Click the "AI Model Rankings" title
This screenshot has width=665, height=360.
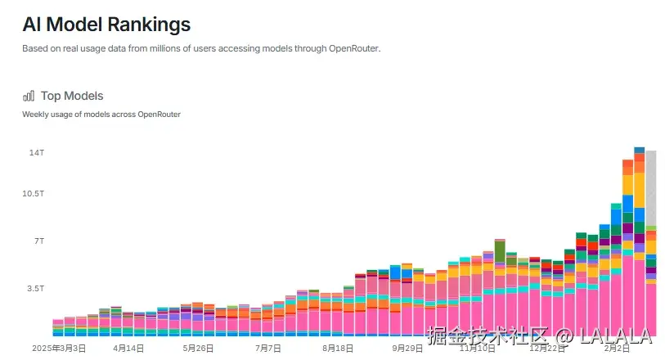pyautogui.click(x=106, y=25)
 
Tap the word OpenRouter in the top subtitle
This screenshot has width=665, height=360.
pyautogui.click(x=354, y=48)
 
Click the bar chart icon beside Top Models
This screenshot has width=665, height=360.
pyautogui.click(x=29, y=96)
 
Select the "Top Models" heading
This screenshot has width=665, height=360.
pyautogui.click(x=72, y=96)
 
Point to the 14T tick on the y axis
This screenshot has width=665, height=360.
pyautogui.click(x=37, y=153)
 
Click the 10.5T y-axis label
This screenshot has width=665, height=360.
pyautogui.click(x=33, y=193)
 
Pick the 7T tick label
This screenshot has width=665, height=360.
pyautogui.click(x=38, y=241)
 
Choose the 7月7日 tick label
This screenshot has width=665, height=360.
pyautogui.click(x=267, y=348)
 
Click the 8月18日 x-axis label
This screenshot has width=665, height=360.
pyautogui.click(x=337, y=348)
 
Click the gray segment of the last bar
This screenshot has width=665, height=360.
pyautogui.click(x=651, y=188)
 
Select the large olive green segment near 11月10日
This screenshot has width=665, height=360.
pyautogui.click(x=499, y=250)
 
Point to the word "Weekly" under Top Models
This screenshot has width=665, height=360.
pyautogui.click(x=35, y=114)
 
